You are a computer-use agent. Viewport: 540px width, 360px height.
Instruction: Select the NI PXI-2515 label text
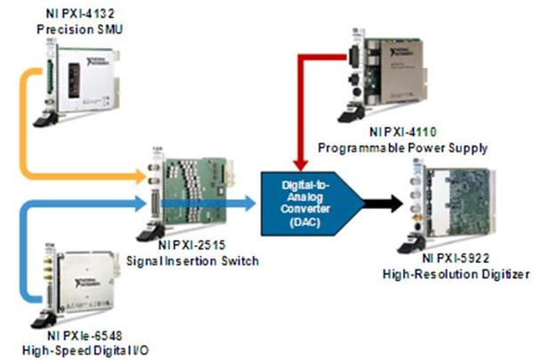coord(189,244)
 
